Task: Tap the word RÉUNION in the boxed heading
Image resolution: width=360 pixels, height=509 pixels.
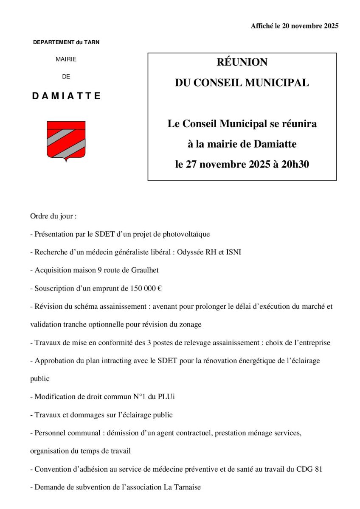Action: point(242,62)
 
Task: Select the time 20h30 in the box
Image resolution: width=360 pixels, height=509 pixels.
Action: point(294,164)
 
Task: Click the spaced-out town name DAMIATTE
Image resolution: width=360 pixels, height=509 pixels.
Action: point(66,96)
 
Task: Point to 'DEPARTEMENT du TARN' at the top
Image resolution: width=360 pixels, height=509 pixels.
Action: point(66,42)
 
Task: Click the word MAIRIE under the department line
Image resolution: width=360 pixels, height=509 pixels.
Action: point(66,59)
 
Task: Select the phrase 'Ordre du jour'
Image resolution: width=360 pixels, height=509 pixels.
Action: point(51,216)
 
